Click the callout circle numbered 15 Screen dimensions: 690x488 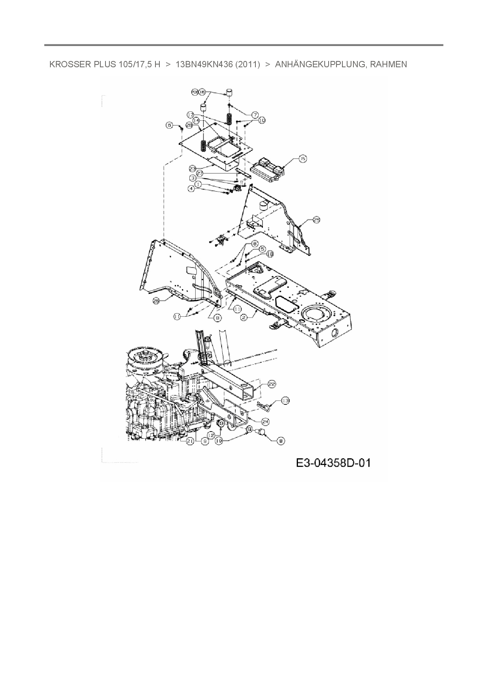302,159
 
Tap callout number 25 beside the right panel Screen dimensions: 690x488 317,221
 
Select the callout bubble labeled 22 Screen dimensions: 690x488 272,384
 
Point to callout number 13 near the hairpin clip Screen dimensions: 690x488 285,401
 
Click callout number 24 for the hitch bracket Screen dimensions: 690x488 266,421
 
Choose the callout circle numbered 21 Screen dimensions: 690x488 190,441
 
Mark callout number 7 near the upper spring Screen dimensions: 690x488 255,115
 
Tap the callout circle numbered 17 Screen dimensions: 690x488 190,115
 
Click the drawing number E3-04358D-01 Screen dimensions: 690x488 333,463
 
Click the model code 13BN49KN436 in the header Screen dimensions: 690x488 204,64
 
